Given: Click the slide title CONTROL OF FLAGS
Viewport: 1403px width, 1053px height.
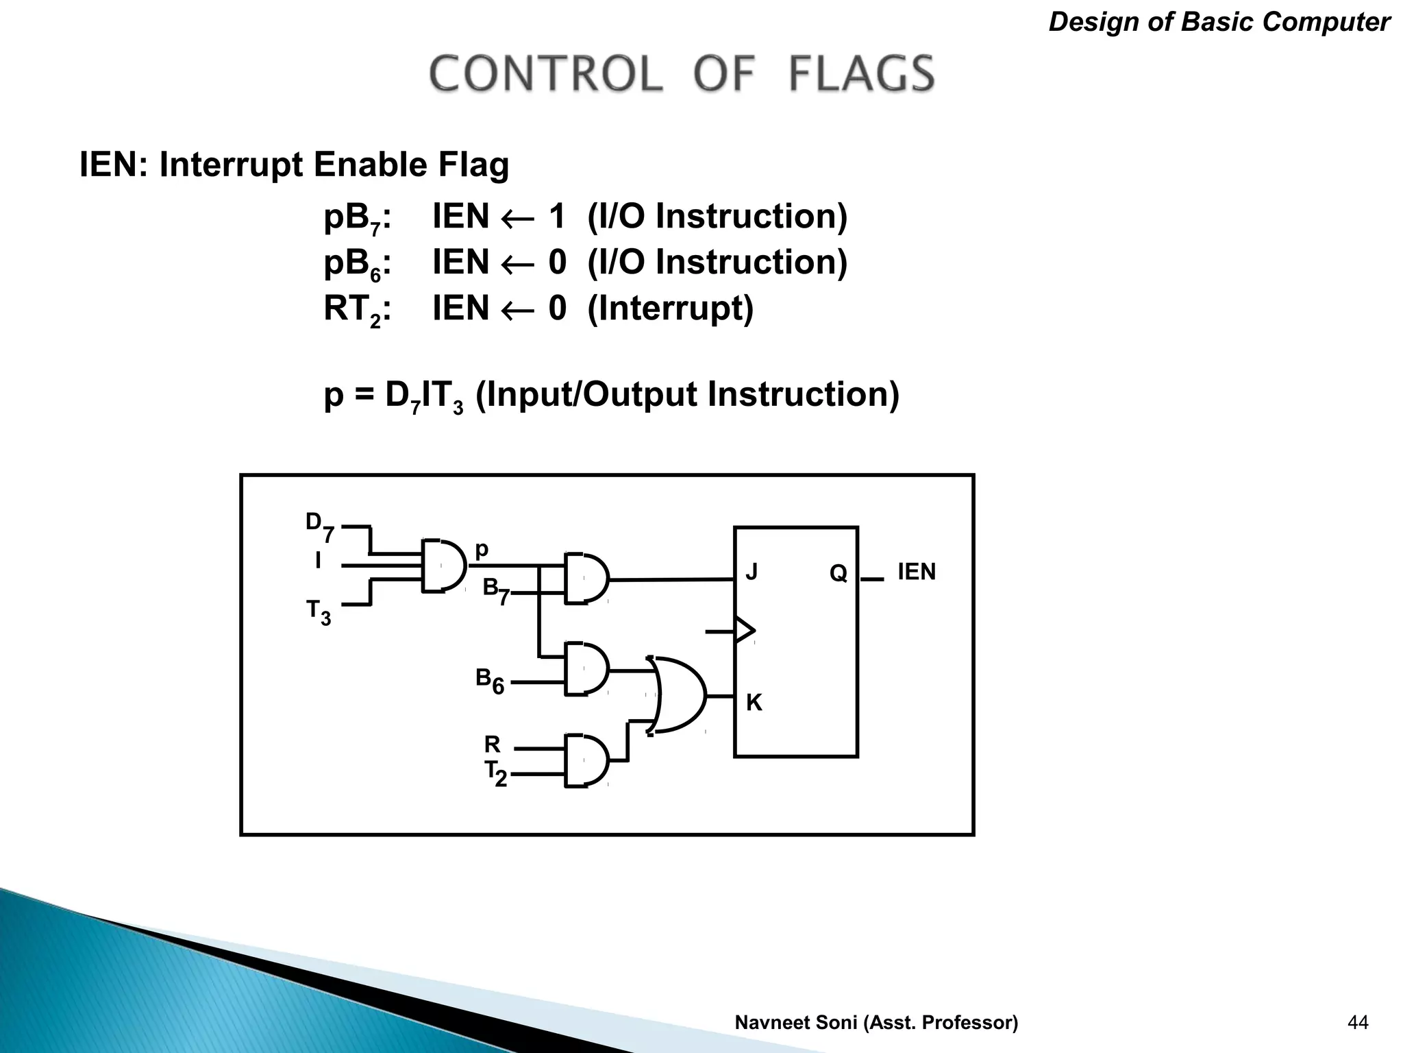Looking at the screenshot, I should tap(682, 73).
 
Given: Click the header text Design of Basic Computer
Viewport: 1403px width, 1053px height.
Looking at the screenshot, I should tap(1219, 23).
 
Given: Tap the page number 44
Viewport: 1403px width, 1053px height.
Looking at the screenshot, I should tap(1357, 1022).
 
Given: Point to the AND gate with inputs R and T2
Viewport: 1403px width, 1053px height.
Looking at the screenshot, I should tap(586, 760).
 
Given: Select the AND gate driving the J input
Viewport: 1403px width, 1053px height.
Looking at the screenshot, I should tap(586, 578).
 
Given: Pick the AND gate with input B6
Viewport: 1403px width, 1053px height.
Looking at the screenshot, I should tap(586, 669).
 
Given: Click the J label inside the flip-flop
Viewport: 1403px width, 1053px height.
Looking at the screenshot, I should tap(752, 572).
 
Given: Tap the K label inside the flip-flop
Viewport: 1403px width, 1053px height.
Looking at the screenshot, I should tap(754, 703).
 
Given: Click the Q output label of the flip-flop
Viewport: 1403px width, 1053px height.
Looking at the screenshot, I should tap(838, 573).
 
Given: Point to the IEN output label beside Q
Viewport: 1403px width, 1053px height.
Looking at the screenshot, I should tap(916, 572).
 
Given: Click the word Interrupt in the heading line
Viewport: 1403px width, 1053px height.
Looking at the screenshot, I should tap(232, 165).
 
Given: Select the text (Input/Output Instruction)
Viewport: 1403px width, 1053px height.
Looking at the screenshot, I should tap(686, 395).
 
